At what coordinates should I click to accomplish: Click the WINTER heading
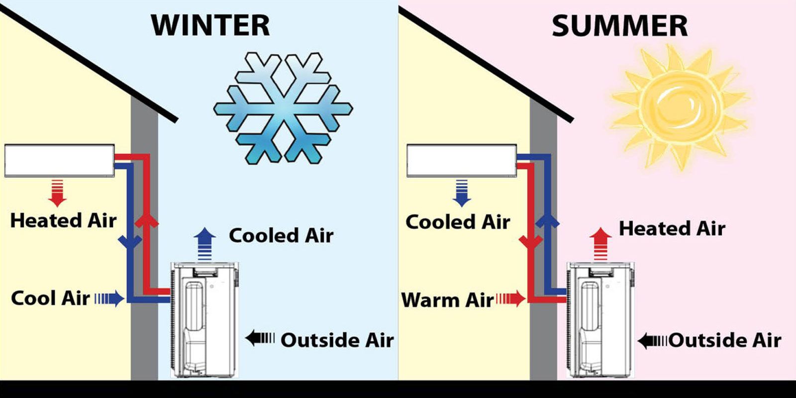pos(211,25)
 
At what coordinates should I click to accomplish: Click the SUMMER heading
pos(620,26)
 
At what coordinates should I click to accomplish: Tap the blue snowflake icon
pos(283,108)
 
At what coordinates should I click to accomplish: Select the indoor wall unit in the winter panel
pos(59,160)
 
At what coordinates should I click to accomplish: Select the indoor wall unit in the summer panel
pos(462,160)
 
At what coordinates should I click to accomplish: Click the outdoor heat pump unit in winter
pos(204,320)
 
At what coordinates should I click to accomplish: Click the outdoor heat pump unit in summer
pos(600,320)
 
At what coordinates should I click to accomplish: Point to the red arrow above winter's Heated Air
pos(57,193)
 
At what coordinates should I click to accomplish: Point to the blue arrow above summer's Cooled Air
pos(462,193)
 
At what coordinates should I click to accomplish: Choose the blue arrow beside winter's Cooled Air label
pos(204,244)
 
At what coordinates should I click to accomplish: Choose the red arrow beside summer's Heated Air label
pos(600,244)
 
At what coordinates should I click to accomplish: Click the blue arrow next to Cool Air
pos(109,298)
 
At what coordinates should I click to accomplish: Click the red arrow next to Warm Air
pos(510,298)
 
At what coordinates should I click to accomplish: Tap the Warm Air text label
pos(447,300)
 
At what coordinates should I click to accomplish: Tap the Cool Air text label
pos(50,298)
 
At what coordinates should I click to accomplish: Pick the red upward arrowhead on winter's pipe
pos(146,220)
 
